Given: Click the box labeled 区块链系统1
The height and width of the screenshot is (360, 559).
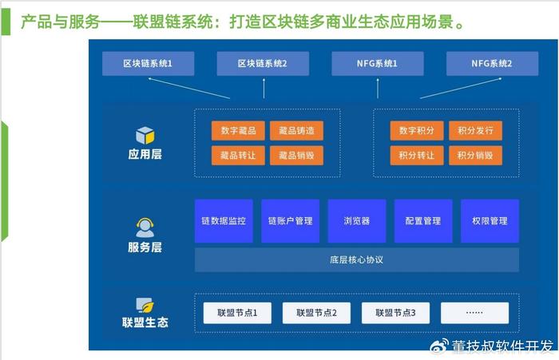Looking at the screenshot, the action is pyautogui.click(x=149, y=63).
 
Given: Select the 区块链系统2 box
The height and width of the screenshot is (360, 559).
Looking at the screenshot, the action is pyautogui.click(x=263, y=63).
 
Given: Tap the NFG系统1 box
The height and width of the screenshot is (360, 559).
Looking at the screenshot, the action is pyautogui.click(x=378, y=63).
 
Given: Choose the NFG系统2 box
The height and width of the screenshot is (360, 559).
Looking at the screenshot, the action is pyautogui.click(x=493, y=63).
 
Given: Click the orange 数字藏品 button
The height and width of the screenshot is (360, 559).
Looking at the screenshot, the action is pyautogui.click(x=238, y=130).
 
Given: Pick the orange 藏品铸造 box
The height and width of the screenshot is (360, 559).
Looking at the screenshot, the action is pyautogui.click(x=296, y=130).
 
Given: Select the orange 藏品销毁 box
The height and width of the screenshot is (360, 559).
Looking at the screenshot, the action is pyautogui.click(x=296, y=156).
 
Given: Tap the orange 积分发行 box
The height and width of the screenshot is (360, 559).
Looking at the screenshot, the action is pyautogui.click(x=476, y=130).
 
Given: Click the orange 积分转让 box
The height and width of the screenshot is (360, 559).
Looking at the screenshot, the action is pyautogui.click(x=417, y=156).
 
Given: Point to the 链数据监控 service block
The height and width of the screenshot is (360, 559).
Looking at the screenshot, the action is pyautogui.click(x=224, y=221).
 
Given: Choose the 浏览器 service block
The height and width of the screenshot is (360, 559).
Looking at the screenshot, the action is pyautogui.click(x=357, y=221).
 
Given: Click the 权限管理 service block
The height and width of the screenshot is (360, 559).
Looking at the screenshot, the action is pyautogui.click(x=490, y=221).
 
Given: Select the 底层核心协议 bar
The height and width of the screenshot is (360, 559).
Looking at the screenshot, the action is pyautogui.click(x=357, y=260).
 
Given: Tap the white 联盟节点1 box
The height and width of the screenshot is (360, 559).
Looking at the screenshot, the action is pyautogui.click(x=237, y=313).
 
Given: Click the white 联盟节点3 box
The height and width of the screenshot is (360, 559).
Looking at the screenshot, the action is pyautogui.click(x=396, y=313).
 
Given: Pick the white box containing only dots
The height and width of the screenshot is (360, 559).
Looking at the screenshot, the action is pyautogui.click(x=475, y=313).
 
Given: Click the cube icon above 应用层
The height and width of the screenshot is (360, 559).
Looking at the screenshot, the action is pyautogui.click(x=145, y=136).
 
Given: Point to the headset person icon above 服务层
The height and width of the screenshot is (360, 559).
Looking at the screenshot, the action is pyautogui.click(x=145, y=227).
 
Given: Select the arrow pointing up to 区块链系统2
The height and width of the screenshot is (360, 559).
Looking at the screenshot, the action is pyautogui.click(x=264, y=89).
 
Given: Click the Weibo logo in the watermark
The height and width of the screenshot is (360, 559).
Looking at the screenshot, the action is pyautogui.click(x=439, y=346).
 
